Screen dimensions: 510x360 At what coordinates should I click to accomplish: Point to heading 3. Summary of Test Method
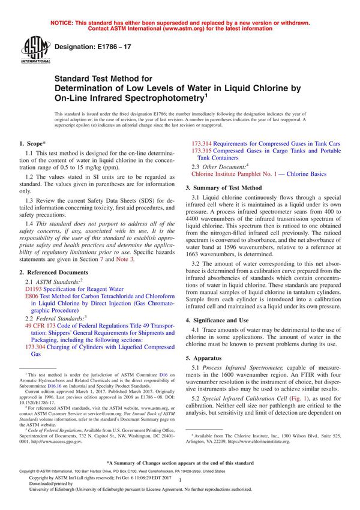coord(227,188)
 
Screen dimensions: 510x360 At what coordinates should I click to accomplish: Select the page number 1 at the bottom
coord(180,490)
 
